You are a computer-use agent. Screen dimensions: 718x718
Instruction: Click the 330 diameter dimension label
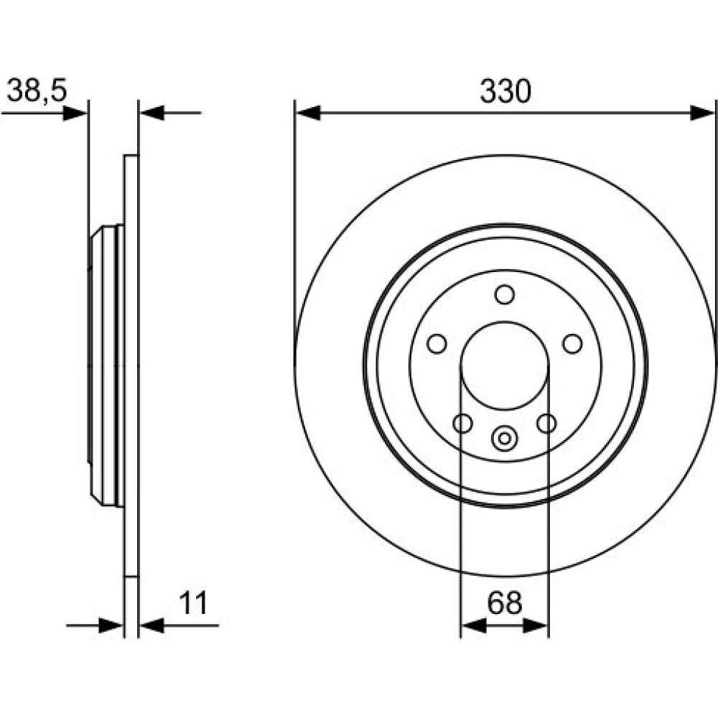point(505,91)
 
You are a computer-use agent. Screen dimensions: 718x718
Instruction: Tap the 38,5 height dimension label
point(37,90)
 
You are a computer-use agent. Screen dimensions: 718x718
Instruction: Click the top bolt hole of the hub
point(505,294)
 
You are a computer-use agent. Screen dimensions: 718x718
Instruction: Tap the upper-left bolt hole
point(437,343)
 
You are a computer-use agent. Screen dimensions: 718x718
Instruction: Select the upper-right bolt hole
point(572,343)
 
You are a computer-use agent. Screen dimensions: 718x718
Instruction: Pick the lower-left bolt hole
point(462,423)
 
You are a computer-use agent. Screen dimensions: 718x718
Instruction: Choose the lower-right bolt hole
point(546,423)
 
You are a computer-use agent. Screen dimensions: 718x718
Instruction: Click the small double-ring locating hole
point(504,439)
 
